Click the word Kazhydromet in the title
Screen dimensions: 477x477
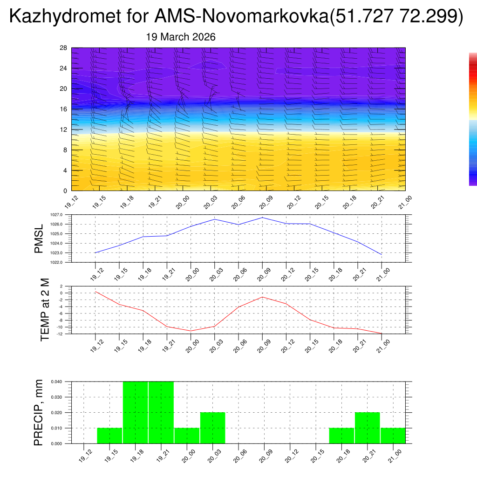[63, 17]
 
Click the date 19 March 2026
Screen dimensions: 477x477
[181, 37]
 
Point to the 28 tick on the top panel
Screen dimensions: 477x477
[63, 48]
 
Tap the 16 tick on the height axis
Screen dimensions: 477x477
[63, 109]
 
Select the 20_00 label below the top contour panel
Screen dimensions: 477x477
[182, 204]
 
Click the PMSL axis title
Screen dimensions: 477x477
[39, 238]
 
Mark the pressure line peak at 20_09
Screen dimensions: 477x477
[262, 218]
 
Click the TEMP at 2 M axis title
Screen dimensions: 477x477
[45, 309]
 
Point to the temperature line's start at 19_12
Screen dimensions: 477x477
[95, 292]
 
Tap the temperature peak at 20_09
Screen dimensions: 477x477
[262, 297]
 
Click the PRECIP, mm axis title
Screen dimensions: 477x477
[39, 412]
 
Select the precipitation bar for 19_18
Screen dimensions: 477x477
[135, 412]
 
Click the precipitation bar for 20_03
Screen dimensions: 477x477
[213, 428]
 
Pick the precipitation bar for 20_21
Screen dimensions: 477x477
[367, 428]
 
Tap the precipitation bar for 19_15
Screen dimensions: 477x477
[109, 436]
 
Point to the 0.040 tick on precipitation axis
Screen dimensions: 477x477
[56, 382]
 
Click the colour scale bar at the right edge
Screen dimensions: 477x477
[473, 119]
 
